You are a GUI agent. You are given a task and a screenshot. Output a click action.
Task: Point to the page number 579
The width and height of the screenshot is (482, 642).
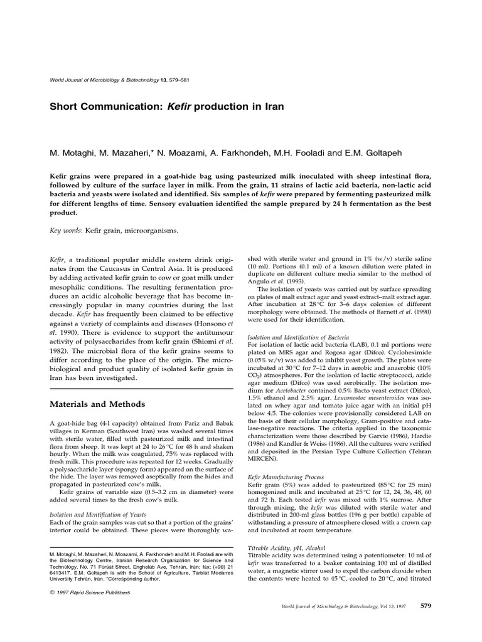coord(426,623)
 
